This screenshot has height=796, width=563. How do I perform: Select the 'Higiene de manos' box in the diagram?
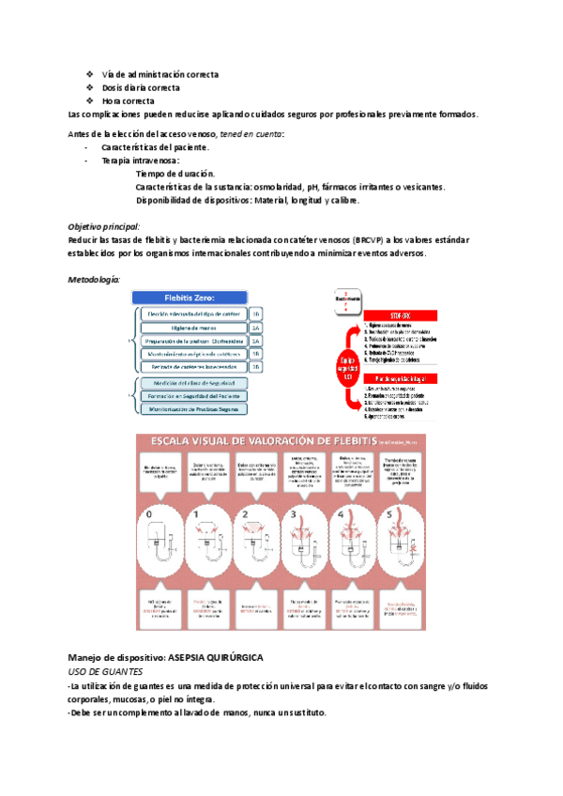click(192, 327)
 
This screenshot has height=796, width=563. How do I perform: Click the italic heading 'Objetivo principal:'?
click(104, 227)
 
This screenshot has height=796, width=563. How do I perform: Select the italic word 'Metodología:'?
click(94, 280)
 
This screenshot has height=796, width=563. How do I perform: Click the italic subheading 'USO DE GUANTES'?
click(105, 673)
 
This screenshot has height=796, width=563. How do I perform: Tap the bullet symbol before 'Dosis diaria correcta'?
click(89, 87)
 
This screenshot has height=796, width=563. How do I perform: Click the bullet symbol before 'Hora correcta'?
click(89, 100)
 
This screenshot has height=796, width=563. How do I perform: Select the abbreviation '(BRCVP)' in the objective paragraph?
click(372, 240)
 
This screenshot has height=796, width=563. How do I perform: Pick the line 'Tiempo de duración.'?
click(175, 174)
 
